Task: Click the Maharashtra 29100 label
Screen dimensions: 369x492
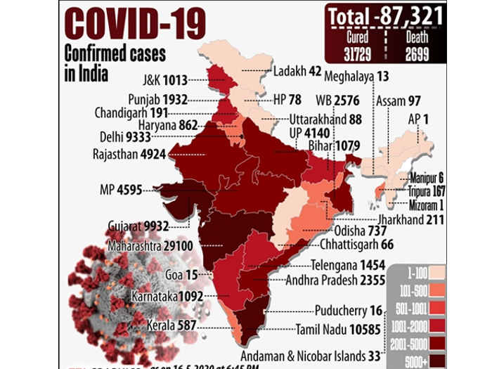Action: click(x=150, y=247)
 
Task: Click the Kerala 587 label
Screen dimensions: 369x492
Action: click(x=171, y=326)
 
